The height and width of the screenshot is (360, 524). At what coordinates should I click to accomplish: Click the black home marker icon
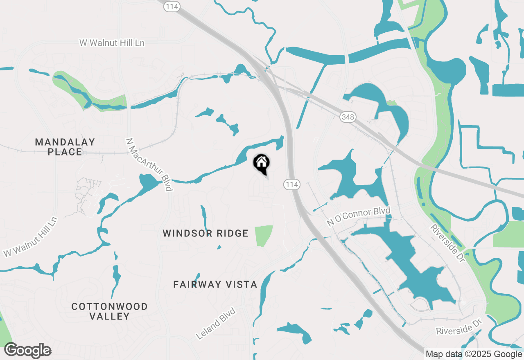pyautogui.click(x=262, y=164)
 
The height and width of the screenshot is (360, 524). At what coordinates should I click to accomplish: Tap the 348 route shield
pyautogui.click(x=348, y=117)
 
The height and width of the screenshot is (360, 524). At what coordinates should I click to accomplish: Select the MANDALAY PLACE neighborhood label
pyautogui.click(x=65, y=147)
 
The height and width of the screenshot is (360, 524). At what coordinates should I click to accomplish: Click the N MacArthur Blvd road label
pyautogui.click(x=149, y=164)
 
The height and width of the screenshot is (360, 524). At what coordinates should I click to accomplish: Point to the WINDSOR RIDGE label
pyautogui.click(x=206, y=233)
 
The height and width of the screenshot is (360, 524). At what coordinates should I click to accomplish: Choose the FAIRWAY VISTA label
pyautogui.click(x=215, y=284)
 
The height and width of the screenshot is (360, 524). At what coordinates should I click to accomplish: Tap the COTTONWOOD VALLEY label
pyautogui.click(x=109, y=311)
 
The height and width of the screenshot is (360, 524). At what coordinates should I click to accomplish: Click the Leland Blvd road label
pyautogui.click(x=216, y=324)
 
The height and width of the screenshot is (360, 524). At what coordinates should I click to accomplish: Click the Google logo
pyautogui.click(x=28, y=351)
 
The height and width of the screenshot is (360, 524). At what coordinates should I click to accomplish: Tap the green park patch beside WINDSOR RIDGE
pyautogui.click(x=263, y=236)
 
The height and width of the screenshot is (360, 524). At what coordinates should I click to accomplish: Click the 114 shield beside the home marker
pyautogui.click(x=292, y=184)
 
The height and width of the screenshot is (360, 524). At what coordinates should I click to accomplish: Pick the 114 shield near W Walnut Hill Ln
pyautogui.click(x=172, y=7)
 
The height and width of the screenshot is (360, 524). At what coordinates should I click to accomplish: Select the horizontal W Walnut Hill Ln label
pyautogui.click(x=112, y=43)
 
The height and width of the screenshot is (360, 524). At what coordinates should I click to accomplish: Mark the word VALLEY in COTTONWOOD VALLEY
pyautogui.click(x=109, y=316)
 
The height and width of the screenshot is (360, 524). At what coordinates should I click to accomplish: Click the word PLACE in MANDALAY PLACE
pyautogui.click(x=65, y=152)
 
